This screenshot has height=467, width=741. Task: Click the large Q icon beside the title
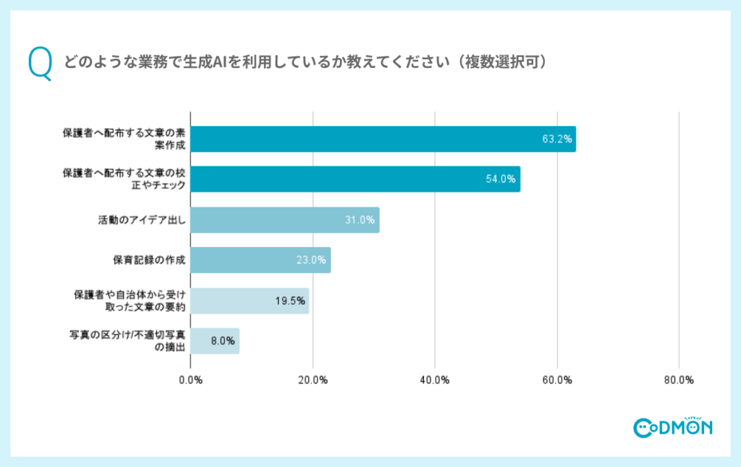(40, 64)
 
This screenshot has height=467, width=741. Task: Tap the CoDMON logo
(672, 427)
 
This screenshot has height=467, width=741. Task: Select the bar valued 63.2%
(383, 139)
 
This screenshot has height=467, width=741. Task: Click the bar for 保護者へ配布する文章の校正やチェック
(355, 179)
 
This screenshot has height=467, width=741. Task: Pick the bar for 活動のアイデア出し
(284, 219)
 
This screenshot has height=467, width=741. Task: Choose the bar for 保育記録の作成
(261, 260)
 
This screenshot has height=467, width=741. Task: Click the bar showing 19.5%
(250, 300)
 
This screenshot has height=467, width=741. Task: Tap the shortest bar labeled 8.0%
(215, 341)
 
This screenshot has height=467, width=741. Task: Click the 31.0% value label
(360, 219)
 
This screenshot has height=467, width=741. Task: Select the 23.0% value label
(312, 260)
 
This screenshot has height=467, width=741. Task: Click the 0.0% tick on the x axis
(190, 380)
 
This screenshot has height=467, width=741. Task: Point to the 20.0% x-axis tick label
(313, 380)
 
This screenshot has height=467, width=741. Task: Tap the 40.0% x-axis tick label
(435, 380)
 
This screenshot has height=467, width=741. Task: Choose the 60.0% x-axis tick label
(557, 380)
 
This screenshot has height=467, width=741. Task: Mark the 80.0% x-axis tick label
(679, 380)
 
